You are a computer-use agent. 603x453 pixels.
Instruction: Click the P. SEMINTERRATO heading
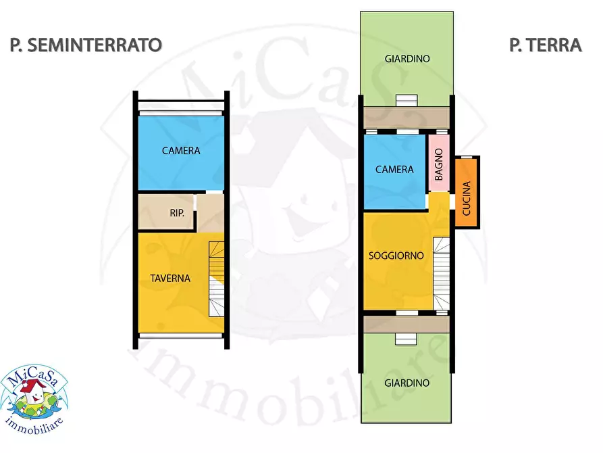[x=86, y=45]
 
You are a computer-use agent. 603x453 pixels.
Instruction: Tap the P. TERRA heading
[x=545, y=45]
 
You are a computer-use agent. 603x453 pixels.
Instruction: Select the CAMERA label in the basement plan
[x=181, y=151]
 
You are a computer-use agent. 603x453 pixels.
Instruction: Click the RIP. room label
[x=178, y=213]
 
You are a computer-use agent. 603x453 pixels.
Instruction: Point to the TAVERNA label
[x=170, y=278]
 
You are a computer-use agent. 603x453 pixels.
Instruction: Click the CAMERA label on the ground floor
[x=394, y=169]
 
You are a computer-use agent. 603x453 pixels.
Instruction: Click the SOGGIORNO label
[x=396, y=256]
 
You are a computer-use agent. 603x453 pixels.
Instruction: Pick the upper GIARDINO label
[x=407, y=59]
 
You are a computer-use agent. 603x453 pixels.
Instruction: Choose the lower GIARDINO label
[x=407, y=383]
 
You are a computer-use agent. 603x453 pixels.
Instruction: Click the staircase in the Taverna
[x=216, y=279]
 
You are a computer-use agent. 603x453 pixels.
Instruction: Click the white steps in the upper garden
[x=407, y=101]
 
